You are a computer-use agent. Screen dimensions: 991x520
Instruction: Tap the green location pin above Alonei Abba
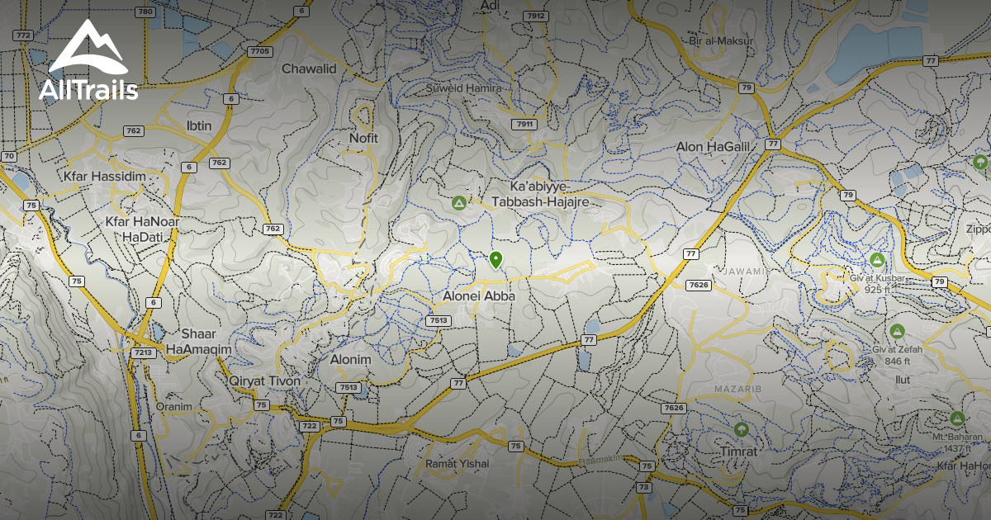[495, 260]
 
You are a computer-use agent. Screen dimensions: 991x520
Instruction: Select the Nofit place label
[363, 139]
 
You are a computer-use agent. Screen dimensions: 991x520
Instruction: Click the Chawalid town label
[310, 69]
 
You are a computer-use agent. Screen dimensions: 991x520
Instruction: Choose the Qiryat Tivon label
[265, 381]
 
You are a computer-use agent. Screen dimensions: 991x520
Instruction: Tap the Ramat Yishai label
[457, 464]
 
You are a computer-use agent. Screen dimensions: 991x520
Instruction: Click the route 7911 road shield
[524, 125]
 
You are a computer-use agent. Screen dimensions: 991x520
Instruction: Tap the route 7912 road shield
[536, 17]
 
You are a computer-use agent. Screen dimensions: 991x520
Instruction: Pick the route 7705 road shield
[259, 51]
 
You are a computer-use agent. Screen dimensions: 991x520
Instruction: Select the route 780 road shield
[145, 12]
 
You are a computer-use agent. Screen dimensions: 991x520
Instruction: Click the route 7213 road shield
[143, 353]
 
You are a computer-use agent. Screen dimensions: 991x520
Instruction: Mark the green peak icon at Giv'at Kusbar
[877, 261]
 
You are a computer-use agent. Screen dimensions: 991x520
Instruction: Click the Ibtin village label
[200, 125]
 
